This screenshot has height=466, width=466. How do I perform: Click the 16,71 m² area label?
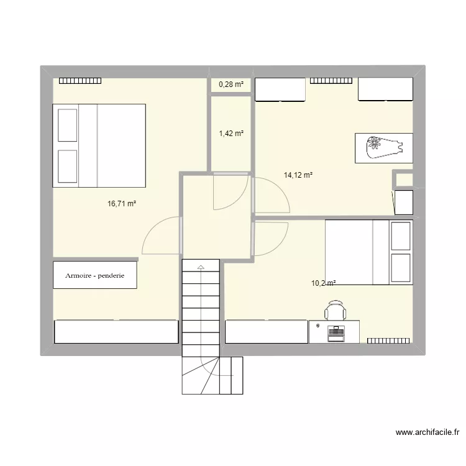[x=122, y=203]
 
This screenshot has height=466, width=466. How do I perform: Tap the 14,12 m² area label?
[x=298, y=175]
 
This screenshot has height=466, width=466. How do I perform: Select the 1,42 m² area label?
[x=231, y=133]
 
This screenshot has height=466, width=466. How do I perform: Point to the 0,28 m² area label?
[x=231, y=85]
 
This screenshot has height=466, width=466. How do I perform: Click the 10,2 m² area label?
[x=323, y=283]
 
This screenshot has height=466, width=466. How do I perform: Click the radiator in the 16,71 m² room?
[x=80, y=80]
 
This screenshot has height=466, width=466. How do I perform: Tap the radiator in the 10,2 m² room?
[x=388, y=340]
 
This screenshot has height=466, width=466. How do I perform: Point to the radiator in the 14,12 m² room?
[x=331, y=80]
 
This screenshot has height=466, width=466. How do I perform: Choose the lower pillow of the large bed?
[x=68, y=166]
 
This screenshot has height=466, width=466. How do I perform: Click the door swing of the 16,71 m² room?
[x=162, y=236]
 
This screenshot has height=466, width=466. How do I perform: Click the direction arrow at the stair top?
[x=201, y=267]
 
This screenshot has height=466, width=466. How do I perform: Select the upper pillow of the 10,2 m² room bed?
[x=401, y=236]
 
